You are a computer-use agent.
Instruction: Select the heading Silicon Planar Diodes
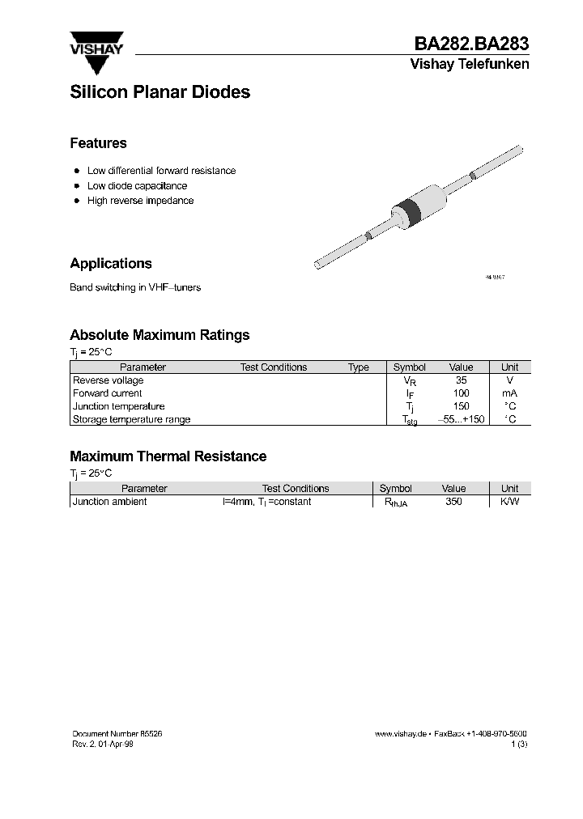pyautogui.click(x=160, y=92)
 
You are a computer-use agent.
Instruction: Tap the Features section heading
pyautogui.click(x=98, y=143)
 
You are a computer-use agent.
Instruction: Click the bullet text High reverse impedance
pyautogui.click(x=140, y=201)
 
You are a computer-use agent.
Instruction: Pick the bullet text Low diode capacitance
pyautogui.click(x=137, y=186)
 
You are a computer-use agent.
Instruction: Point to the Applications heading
pyautogui.click(x=111, y=264)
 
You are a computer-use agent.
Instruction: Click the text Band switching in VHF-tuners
pyautogui.click(x=135, y=288)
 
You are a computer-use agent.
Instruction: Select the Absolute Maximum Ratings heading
pyautogui.click(x=160, y=335)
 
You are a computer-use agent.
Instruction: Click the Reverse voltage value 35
pyautogui.click(x=461, y=380)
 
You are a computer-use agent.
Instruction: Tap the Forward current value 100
pyautogui.click(x=461, y=393)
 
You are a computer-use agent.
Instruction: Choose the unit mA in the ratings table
pyautogui.click(x=509, y=393)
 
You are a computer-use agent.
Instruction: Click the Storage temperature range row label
pyautogui.click(x=131, y=419)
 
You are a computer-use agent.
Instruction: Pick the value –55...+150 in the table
pyautogui.click(x=461, y=419)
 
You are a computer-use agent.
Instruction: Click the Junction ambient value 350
pyautogui.click(x=453, y=502)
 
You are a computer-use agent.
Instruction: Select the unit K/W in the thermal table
pyautogui.click(x=509, y=502)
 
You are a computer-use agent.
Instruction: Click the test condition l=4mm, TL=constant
pyautogui.click(x=266, y=502)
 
